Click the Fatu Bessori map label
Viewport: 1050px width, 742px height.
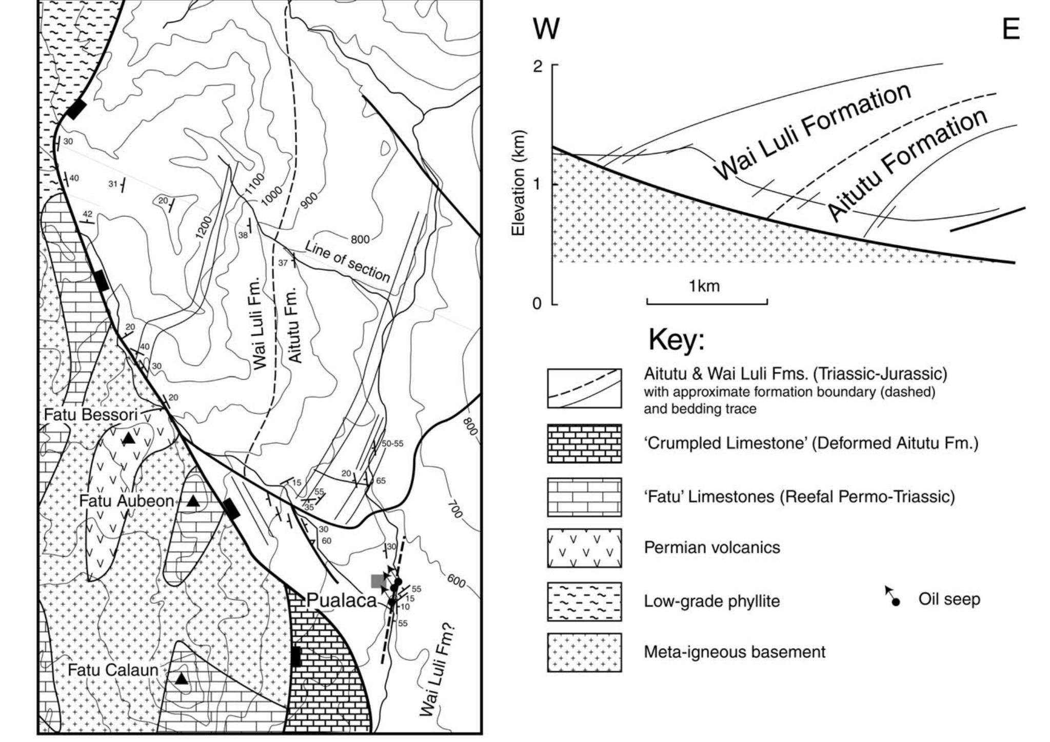[x=91, y=415]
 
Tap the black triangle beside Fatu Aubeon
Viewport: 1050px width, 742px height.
[x=193, y=501]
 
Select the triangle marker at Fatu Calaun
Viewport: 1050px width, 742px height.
[x=182, y=678]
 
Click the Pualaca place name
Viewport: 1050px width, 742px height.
[x=342, y=601]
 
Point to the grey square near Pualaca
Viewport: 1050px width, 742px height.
[x=379, y=581]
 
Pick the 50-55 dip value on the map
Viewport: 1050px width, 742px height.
[x=392, y=443]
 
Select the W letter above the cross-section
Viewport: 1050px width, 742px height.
[x=546, y=29]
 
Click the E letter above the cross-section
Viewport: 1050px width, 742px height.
[x=1011, y=29]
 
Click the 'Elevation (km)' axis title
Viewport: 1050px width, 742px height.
[x=519, y=183]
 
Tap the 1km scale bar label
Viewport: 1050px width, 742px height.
[x=704, y=286]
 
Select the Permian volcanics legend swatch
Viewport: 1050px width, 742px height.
[x=584, y=548]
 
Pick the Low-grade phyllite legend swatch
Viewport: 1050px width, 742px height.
[x=584, y=601]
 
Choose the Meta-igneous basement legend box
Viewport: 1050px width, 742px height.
[x=584, y=652]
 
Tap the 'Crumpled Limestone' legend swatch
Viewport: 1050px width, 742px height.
[x=584, y=443]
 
